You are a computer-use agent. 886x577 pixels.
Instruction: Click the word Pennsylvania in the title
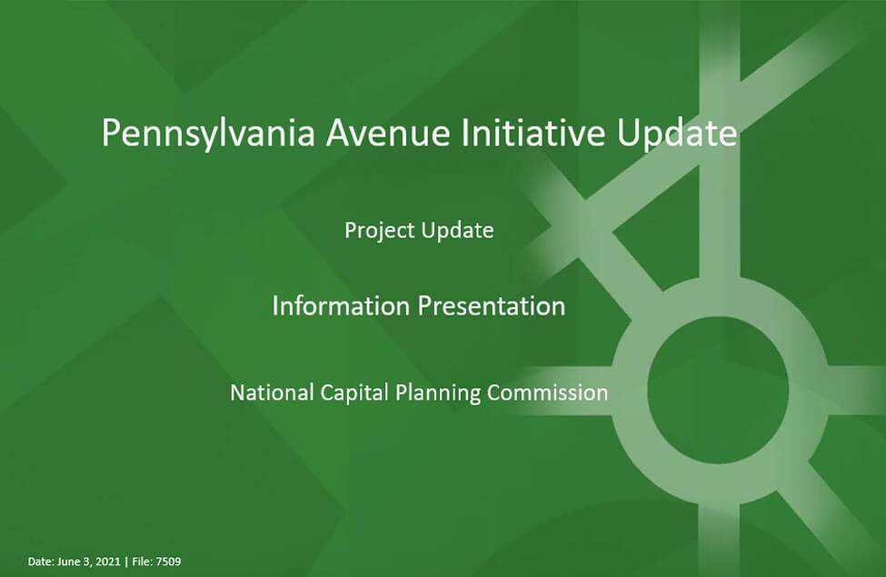click(x=208, y=134)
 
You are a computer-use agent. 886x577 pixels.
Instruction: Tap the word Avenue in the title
click(x=388, y=133)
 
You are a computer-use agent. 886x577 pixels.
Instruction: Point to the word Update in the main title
click(x=676, y=134)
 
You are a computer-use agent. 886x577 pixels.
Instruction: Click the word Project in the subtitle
click(x=379, y=231)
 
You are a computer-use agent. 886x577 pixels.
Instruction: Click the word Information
click(x=341, y=305)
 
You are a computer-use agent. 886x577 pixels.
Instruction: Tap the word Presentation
click(x=492, y=305)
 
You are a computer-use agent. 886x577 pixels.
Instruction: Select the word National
click(x=272, y=393)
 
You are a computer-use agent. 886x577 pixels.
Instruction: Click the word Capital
click(x=354, y=393)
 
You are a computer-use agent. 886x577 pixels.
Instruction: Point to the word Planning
click(x=438, y=393)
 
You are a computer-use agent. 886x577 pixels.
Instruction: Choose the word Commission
click(x=548, y=393)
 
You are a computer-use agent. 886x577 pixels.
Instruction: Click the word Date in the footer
click(x=41, y=562)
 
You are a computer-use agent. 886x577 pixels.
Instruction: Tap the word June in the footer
click(x=69, y=562)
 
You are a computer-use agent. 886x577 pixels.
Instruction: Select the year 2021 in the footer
click(x=108, y=562)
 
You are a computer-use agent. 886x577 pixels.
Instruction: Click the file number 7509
click(x=168, y=562)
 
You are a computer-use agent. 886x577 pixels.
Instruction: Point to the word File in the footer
click(x=143, y=562)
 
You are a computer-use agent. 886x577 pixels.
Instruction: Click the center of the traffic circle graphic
click(x=719, y=390)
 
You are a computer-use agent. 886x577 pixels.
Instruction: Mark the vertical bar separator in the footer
click(x=126, y=562)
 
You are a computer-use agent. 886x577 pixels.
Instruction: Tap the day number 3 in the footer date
click(x=87, y=562)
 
